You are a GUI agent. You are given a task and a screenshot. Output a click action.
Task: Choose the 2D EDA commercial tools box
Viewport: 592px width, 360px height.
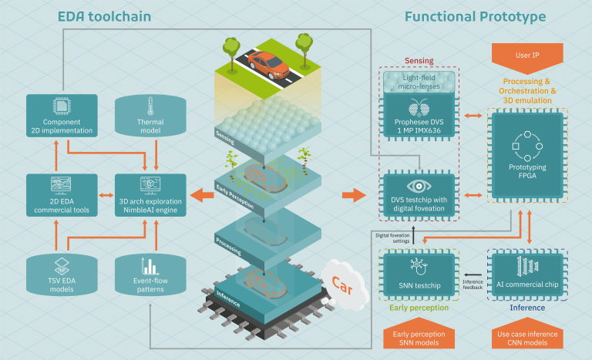[62, 196]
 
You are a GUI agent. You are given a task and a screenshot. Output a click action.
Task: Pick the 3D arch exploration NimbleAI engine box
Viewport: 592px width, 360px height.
[150, 196]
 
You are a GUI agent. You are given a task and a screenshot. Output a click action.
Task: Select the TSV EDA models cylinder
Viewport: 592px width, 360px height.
[62, 274]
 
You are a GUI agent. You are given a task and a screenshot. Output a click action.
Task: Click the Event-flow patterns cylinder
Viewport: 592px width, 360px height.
[150, 274]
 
